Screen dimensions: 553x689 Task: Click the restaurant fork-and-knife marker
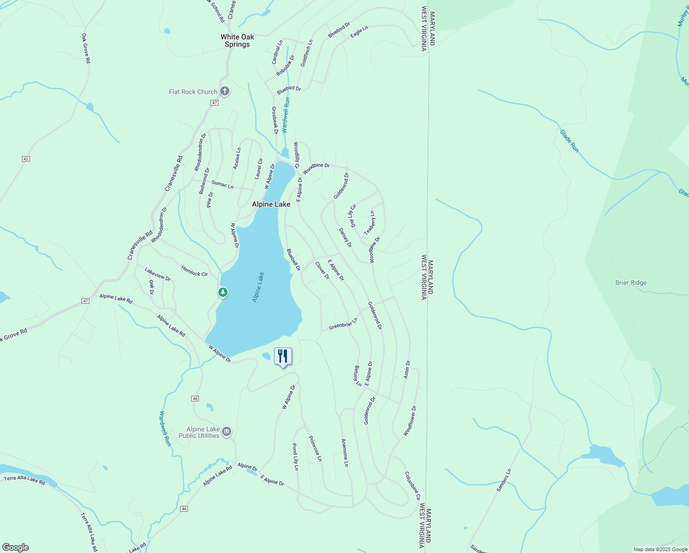click(283, 356)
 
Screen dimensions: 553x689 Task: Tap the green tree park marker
click(223, 292)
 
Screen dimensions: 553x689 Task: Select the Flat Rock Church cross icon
click(224, 91)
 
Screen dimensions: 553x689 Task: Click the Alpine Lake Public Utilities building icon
click(226, 432)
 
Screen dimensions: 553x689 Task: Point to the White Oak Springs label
click(237, 41)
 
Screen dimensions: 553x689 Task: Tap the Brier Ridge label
click(631, 282)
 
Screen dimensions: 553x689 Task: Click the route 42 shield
click(26, 159)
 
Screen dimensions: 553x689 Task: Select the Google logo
click(16, 547)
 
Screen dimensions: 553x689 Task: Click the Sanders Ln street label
click(504, 480)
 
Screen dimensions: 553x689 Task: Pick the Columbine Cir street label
click(412, 486)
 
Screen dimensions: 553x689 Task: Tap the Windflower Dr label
click(410, 421)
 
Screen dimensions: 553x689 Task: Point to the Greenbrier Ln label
click(343, 324)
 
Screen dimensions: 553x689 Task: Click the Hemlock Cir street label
click(194, 271)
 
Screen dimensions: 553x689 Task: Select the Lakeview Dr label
click(158, 274)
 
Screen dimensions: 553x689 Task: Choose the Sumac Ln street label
click(222, 184)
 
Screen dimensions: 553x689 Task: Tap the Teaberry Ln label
click(369, 223)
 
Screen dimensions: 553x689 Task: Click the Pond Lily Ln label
click(296, 457)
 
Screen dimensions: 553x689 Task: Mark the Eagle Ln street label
click(359, 32)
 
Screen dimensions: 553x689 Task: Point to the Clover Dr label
click(322, 271)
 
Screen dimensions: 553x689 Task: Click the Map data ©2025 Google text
click(660, 549)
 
